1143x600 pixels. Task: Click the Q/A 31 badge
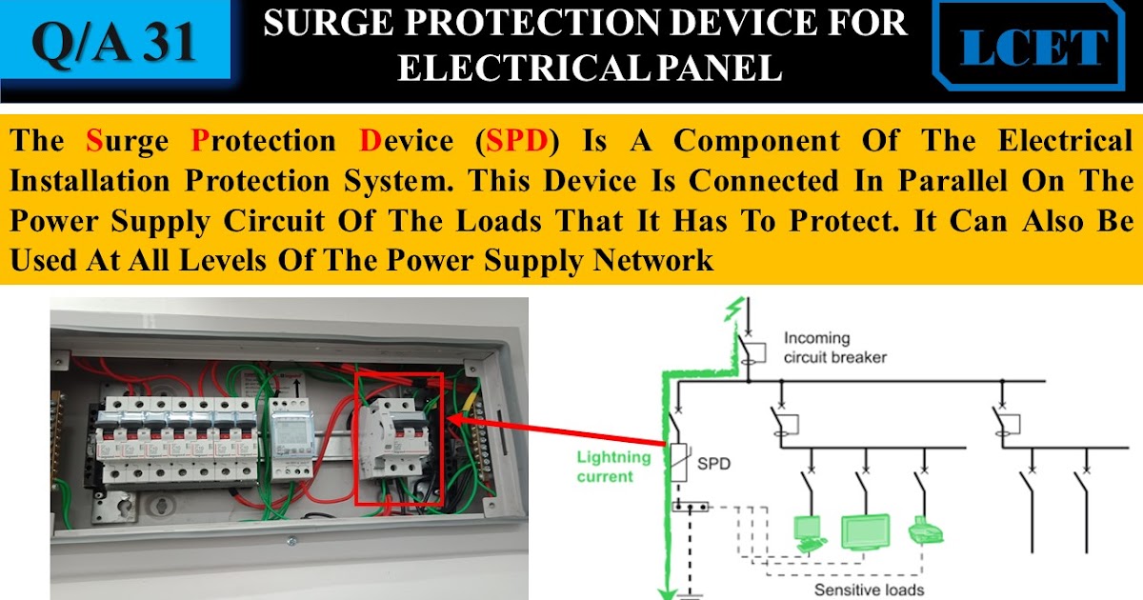114,43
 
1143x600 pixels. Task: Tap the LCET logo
1034,48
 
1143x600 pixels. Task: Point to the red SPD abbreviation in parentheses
516,141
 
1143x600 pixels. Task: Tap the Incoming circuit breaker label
834,348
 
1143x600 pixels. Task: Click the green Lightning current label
614,467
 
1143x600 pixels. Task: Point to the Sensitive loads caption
870,590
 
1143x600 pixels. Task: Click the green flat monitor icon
865,531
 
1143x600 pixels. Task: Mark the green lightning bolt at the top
731,310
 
